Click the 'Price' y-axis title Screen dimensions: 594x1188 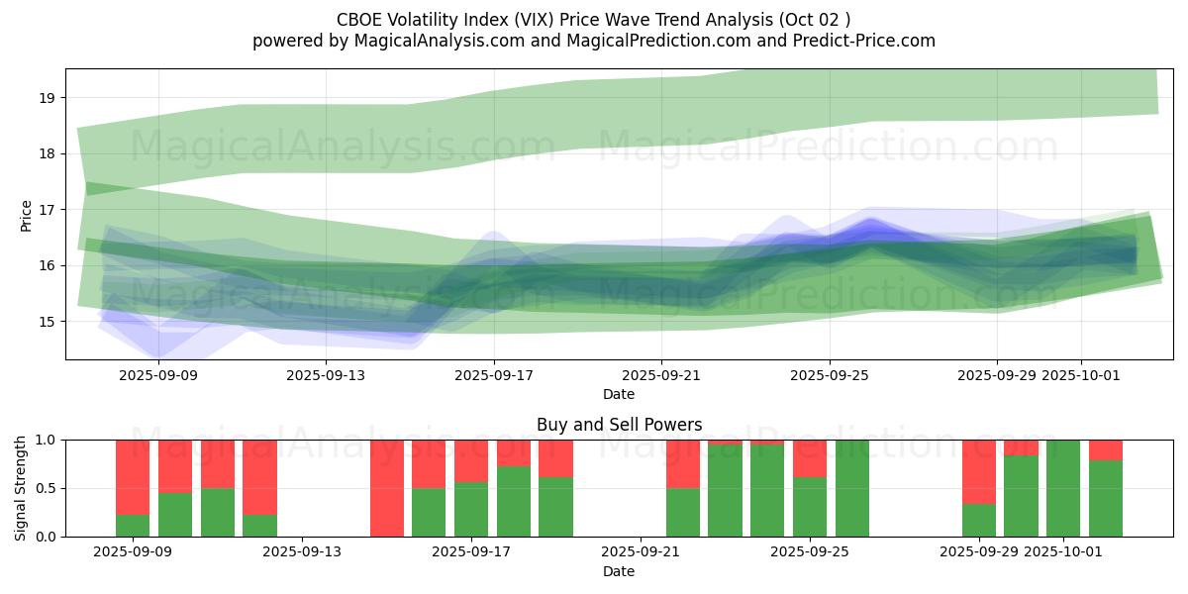point(27,216)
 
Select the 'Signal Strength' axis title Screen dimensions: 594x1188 point(21,488)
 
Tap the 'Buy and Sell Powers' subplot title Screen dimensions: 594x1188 point(619,425)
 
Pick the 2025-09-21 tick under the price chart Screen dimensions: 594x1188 point(661,375)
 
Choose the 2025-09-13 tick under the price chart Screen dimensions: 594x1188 point(327,375)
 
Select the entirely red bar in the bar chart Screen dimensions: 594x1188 point(387,488)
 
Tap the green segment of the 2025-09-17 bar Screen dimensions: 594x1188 point(471,509)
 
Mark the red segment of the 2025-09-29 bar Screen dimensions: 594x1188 point(979,471)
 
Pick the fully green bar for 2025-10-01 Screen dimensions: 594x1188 point(1063,488)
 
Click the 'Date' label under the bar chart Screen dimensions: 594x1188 point(619,571)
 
